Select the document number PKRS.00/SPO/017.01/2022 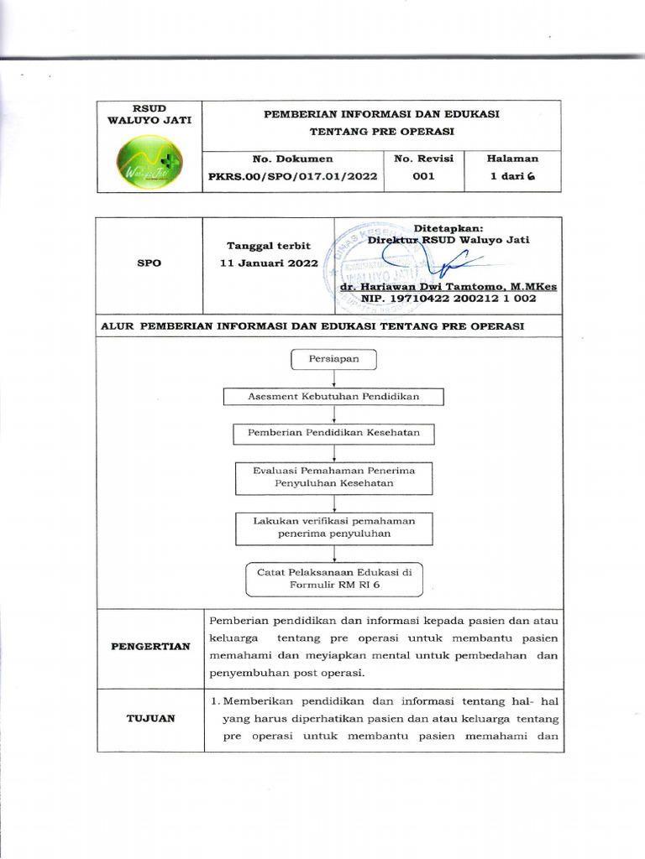tap(292, 177)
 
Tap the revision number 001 tap(423, 177)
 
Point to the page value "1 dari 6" tap(512, 177)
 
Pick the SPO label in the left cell tap(149, 263)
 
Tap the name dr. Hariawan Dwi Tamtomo tap(448, 286)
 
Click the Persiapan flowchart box tap(334, 359)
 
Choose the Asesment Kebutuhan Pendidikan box tap(333, 397)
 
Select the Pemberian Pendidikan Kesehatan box tap(333, 434)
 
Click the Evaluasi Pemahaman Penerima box tap(333, 476)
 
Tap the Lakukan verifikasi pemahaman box tap(333, 527)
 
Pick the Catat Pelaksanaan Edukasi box tap(333, 579)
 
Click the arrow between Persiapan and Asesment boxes tap(334, 378)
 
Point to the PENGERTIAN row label tap(149, 647)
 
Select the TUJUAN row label tap(149, 719)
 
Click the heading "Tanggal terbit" tap(269, 246)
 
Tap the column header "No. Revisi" tap(423, 158)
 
